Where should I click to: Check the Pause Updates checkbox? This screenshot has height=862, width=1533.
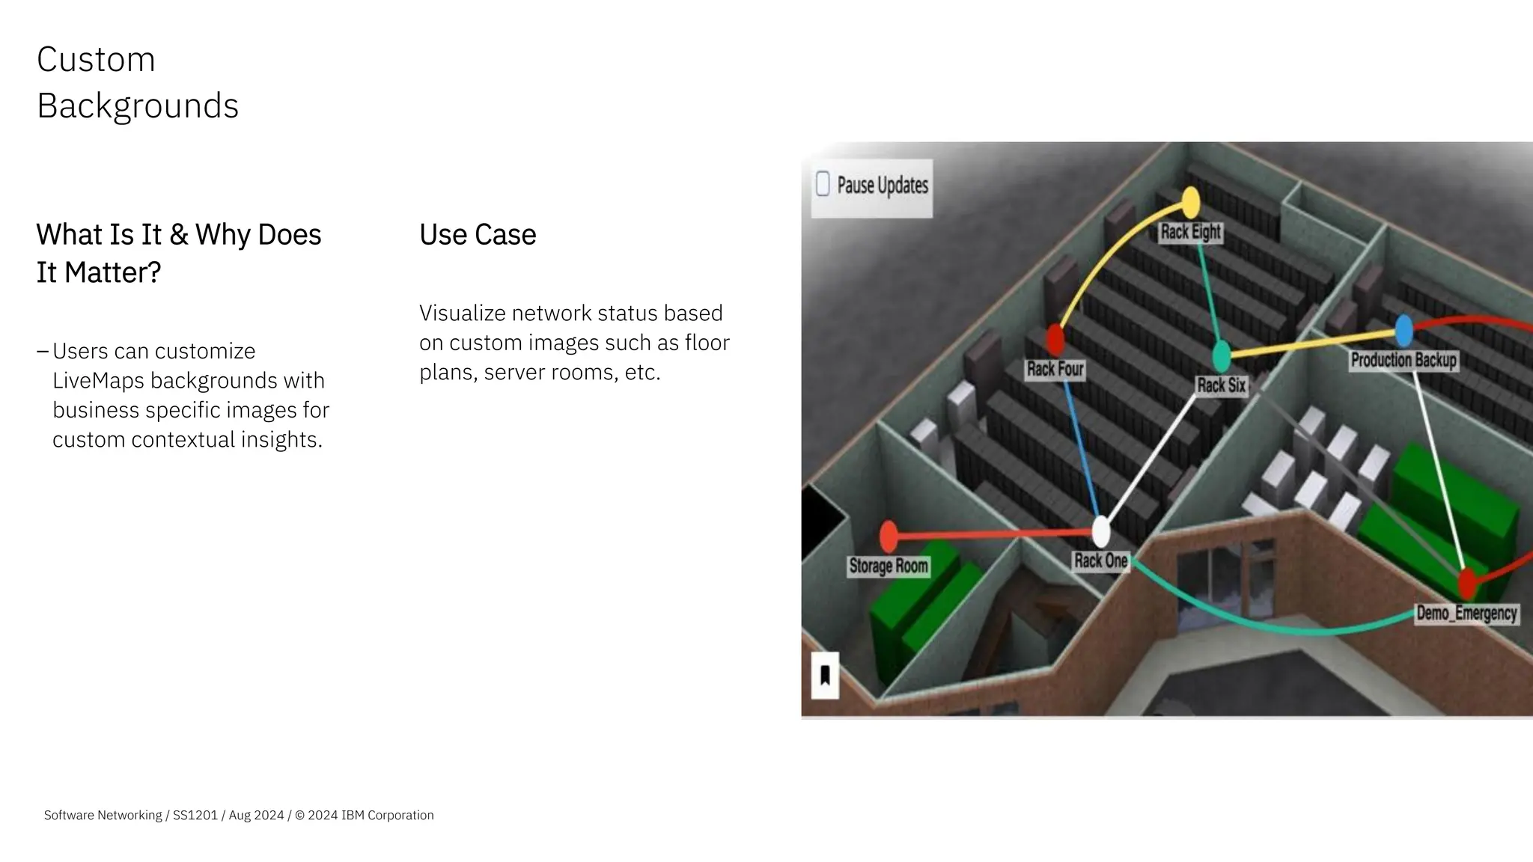point(823,184)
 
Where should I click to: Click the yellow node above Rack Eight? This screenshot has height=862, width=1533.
point(1190,202)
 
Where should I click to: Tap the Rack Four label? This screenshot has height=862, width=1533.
point(1055,370)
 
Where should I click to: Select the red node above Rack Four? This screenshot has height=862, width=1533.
point(1055,339)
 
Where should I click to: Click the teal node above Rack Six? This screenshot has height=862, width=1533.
point(1221,356)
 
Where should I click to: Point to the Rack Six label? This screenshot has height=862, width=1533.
point(1221,385)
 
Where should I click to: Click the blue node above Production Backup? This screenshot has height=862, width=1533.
point(1404,330)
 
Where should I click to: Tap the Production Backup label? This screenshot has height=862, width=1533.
point(1404,361)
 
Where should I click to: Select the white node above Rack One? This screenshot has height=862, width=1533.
point(1100,531)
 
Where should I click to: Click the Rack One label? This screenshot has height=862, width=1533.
point(1100,561)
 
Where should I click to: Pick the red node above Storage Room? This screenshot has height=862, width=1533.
point(889,537)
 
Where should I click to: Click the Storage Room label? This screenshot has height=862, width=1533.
point(889,566)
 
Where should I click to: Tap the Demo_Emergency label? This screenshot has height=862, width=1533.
point(1466,614)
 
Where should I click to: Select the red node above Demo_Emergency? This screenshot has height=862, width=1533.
point(1467,583)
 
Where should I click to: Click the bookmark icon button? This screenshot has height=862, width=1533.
point(825,676)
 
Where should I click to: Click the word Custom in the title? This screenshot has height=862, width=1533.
point(96,60)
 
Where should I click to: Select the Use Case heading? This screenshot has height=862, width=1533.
point(478,235)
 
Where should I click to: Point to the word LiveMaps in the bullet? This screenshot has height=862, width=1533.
point(98,381)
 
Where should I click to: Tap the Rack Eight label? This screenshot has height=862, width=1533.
point(1190,232)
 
